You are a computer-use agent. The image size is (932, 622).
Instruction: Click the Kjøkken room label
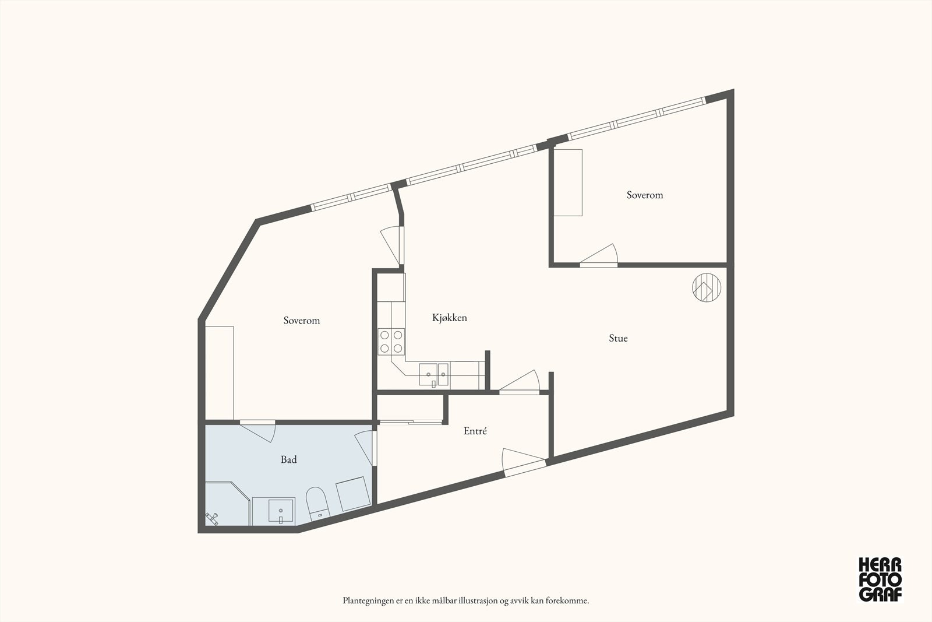449,318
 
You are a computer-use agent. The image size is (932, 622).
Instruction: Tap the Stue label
618,338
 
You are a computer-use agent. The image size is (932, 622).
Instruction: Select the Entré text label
475,431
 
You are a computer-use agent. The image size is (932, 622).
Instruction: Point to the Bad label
288,460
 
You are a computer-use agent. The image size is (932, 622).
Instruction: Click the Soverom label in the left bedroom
301,321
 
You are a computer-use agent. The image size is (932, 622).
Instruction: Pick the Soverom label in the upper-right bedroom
644,195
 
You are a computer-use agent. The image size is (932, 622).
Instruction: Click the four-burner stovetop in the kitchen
391,342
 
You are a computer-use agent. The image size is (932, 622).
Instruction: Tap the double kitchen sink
434,375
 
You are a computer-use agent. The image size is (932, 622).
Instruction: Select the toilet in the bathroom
317,502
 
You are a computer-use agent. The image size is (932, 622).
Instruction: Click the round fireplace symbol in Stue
707,288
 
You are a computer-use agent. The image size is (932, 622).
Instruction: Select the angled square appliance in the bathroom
353,494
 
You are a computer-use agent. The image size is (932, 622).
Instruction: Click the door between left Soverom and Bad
257,430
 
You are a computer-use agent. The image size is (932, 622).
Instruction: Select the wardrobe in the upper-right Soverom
567,182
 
